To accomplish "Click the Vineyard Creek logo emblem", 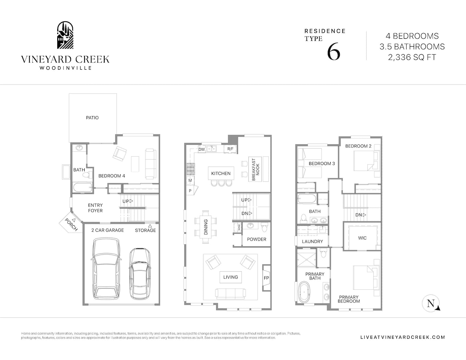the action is point(65,35).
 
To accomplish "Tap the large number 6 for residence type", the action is point(334,51).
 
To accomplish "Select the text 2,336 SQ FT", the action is point(412,57).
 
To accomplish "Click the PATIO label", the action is point(92,118).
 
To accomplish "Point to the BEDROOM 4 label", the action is point(112,176).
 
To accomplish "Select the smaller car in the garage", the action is point(140,273).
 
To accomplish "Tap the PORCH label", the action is point(71,225).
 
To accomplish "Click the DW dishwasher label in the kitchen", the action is point(202,149).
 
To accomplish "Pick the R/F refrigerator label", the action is point(230,149).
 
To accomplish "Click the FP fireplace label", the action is point(266,278).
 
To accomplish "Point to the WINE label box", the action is point(239,227).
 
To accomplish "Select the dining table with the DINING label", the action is point(205,227).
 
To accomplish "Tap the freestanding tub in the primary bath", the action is point(304,292).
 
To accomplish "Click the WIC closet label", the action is point(362,238).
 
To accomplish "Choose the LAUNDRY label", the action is point(312,242).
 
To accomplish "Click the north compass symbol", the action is point(431,303).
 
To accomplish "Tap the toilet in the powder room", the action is point(264,227).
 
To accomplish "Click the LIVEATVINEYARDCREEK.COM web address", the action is point(403,337).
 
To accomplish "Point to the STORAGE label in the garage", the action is point(145,230).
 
